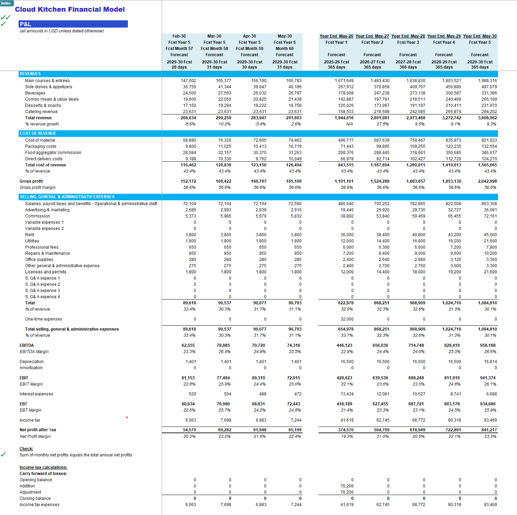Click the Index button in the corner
click(7, 3)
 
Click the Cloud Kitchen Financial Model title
click(70, 10)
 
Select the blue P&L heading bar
click(73, 24)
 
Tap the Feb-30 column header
click(179, 36)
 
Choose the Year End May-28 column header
click(408, 36)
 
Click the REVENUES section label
click(30, 74)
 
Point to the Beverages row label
click(35, 93)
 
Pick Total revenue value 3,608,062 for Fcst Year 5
click(487, 118)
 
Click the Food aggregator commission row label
click(53, 153)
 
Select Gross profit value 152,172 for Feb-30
click(188, 181)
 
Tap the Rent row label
click(30, 235)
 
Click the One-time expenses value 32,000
click(347, 319)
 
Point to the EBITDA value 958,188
click(488, 345)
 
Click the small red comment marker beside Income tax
click(127, 418)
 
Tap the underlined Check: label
click(26, 449)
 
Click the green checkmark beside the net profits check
click(3, 454)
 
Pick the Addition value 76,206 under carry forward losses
click(347, 486)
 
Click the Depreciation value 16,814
click(490, 362)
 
